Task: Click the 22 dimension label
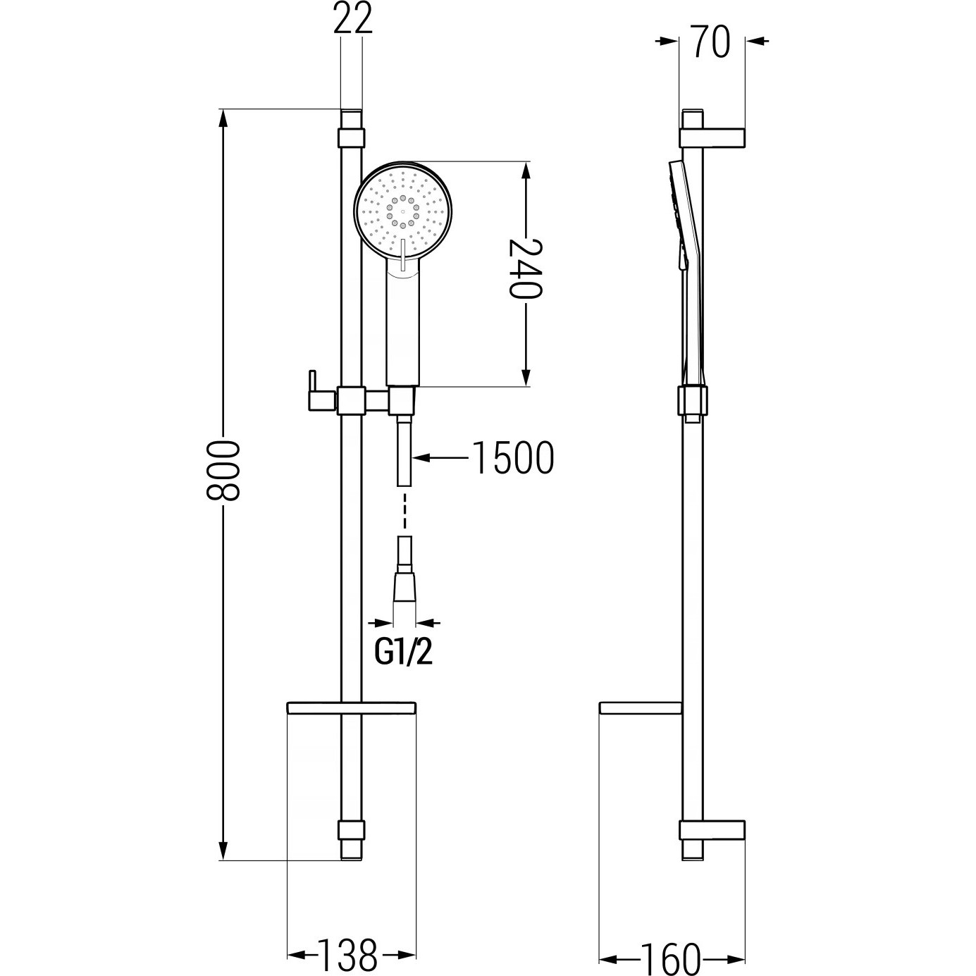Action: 353,19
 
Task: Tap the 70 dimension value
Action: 712,42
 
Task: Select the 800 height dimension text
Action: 223,471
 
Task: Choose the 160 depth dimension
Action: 671,956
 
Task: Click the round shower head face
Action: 403,211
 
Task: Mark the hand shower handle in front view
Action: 402,323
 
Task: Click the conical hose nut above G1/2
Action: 404,586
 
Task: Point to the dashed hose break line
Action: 404,509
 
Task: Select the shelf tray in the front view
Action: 352,708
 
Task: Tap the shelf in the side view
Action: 640,708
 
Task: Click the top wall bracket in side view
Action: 712,138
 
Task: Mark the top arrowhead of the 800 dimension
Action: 223,118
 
